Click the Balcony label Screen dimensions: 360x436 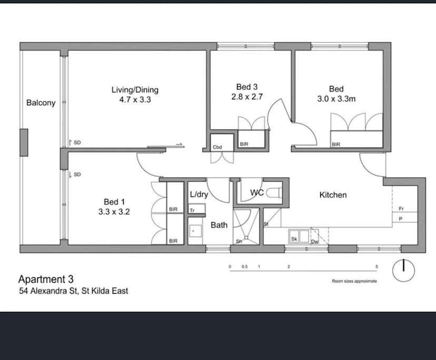[x=41, y=103]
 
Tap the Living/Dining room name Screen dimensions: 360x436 [x=135, y=89]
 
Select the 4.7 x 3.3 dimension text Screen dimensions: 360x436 [x=135, y=99]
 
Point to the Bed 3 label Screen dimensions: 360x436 [x=247, y=87]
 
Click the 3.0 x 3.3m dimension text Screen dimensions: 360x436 [x=336, y=98]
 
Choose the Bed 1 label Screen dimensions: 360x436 [x=114, y=202]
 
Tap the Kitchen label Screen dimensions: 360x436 [x=333, y=195]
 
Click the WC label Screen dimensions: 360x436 [x=256, y=193]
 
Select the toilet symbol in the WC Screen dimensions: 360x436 [x=273, y=193]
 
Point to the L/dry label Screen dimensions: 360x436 [x=199, y=195]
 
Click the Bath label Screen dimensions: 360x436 [x=219, y=225]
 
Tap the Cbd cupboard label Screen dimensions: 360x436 [x=217, y=147]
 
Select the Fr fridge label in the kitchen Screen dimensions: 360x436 [x=401, y=208]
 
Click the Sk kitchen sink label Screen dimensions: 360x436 [x=294, y=239]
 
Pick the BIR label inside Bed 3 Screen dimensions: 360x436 [x=244, y=144]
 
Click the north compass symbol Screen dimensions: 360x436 [x=404, y=270]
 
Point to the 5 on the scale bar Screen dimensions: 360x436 [x=376, y=267]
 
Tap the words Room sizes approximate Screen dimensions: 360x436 [x=354, y=281]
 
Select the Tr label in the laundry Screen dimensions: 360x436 [x=192, y=209]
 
